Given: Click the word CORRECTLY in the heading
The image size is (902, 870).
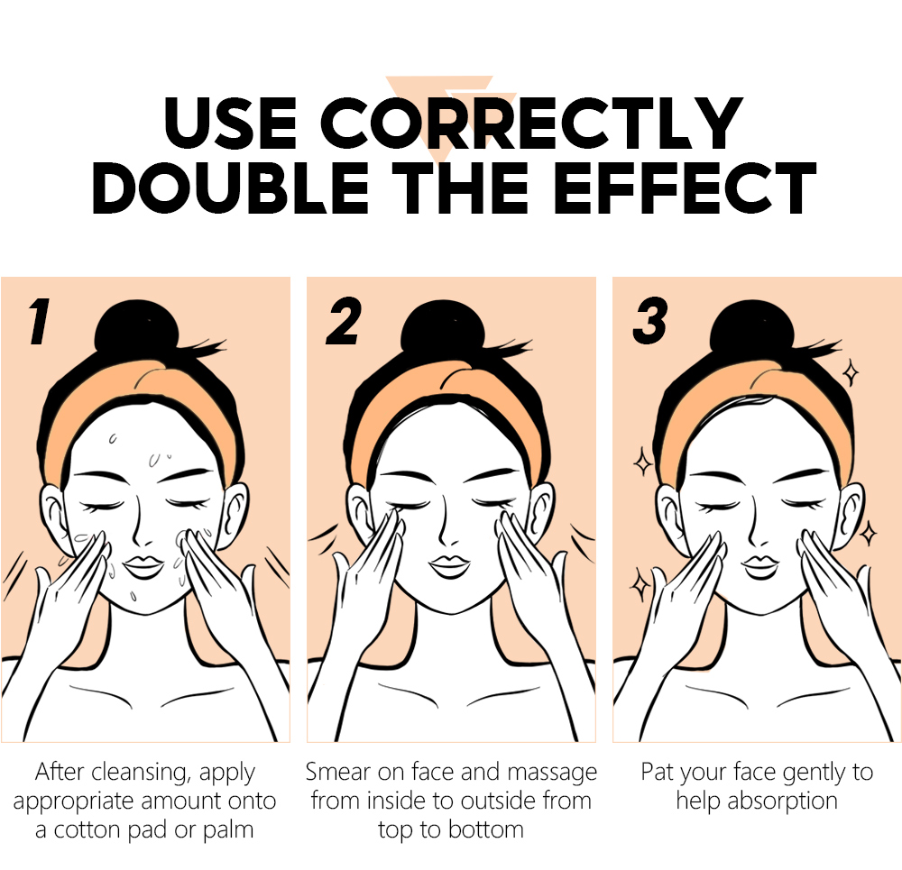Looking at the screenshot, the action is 532,123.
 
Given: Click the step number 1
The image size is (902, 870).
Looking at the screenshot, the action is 39,321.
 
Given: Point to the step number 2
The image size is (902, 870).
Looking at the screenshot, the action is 344,321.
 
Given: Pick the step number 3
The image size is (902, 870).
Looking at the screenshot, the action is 650,321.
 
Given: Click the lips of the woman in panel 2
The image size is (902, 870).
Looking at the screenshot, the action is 449,567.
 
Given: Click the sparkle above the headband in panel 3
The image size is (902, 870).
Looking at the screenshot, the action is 851,373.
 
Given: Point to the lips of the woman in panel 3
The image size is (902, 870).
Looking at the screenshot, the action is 760,567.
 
